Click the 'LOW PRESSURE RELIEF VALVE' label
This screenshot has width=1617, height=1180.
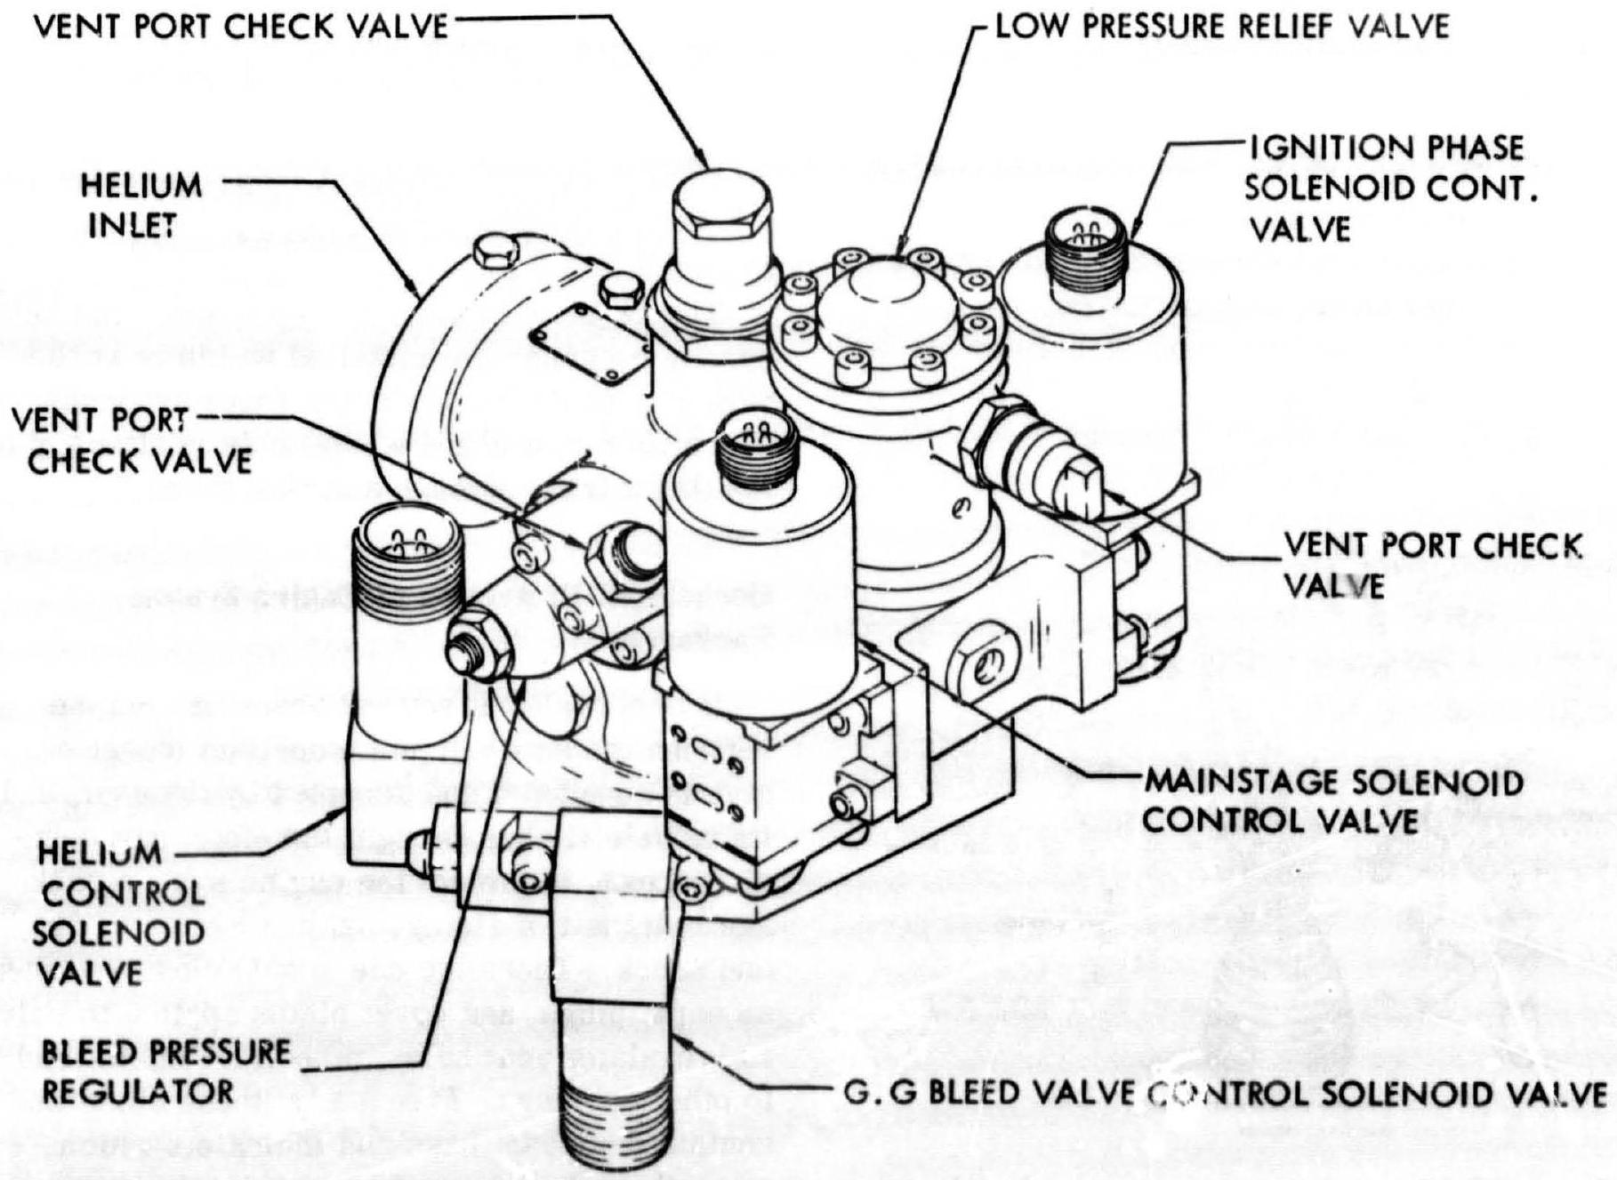[1221, 26]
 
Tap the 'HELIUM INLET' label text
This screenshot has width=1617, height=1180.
[141, 205]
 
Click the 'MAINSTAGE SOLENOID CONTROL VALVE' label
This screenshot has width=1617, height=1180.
[1332, 800]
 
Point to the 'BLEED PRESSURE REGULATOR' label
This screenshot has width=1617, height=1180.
[165, 1072]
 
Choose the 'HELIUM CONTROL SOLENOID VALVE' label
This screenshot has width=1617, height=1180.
[118, 912]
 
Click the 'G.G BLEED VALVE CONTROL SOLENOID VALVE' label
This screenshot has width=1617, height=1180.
[1224, 1093]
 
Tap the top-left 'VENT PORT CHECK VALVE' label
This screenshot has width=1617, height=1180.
[241, 26]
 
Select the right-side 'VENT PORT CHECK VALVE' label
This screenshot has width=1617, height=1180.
[1431, 566]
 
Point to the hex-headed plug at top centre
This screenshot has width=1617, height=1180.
[712, 216]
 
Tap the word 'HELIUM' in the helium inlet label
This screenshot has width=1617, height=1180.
[141, 186]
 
